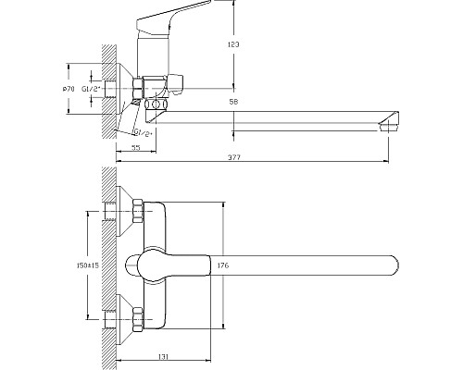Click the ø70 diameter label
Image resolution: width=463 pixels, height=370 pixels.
[68, 88]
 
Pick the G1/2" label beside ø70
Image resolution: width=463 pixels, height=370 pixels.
[91, 88]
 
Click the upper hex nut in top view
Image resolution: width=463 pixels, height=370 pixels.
[140, 214]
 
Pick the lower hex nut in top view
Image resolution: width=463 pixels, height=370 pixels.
[140, 317]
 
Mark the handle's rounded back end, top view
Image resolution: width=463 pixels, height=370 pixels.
[136, 265]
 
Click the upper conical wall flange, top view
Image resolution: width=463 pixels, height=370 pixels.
[124, 214]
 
